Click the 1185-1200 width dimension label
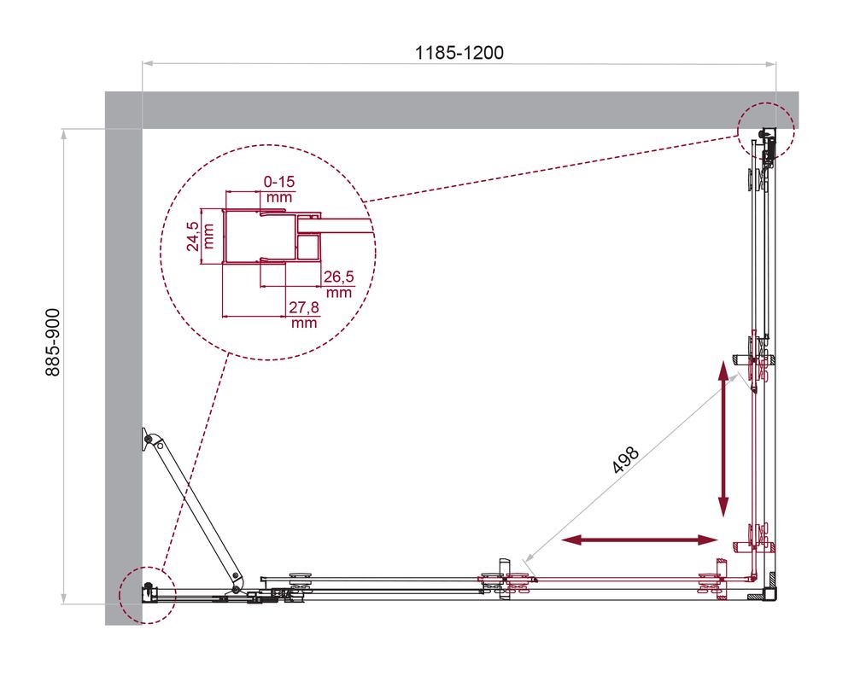[459, 53]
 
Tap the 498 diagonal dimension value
[625, 460]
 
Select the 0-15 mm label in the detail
[279, 189]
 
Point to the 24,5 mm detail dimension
[199, 236]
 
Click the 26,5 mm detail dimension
[339, 284]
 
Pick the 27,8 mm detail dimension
[303, 315]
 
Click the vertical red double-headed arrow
[723, 440]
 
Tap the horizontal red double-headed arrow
[640, 540]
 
